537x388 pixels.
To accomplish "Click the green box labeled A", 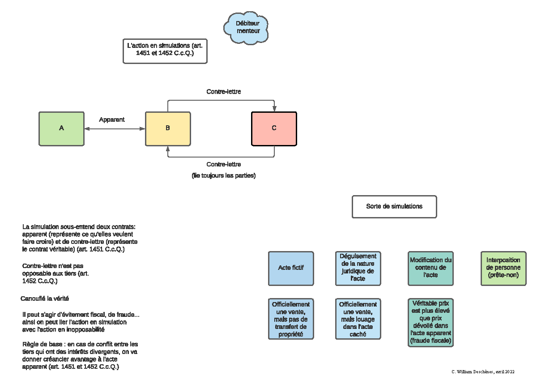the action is tap(62, 129).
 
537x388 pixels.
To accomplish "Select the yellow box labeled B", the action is tap(168, 129).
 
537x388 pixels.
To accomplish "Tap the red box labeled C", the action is tap(274, 129).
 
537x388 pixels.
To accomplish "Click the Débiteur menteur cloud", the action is tap(246, 28).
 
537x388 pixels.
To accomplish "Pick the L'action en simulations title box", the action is tap(165, 51).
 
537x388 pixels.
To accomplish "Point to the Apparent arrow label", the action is tap(112, 119).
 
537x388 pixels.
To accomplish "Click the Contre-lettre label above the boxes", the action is tap(224, 92).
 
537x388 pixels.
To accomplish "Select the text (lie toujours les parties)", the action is tap(224, 175).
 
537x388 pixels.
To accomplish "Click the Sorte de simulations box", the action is tap(394, 207).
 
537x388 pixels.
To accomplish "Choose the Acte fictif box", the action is tap(291, 269).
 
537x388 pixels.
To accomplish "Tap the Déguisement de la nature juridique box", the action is tap(358, 269).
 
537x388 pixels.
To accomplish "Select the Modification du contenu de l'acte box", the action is tap(431, 269).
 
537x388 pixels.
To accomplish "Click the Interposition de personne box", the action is tap(504, 269).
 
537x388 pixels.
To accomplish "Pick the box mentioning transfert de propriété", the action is tap(291, 319).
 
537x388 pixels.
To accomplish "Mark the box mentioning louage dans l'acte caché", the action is tap(358, 319).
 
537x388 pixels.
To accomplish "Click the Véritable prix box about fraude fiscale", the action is tap(431, 323).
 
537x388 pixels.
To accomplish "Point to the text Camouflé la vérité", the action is tap(45, 298).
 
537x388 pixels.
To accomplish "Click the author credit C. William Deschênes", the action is tap(483, 372).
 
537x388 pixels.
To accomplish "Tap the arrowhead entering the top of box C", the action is tap(274, 109).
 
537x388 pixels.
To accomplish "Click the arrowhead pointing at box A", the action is tap(87, 129).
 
